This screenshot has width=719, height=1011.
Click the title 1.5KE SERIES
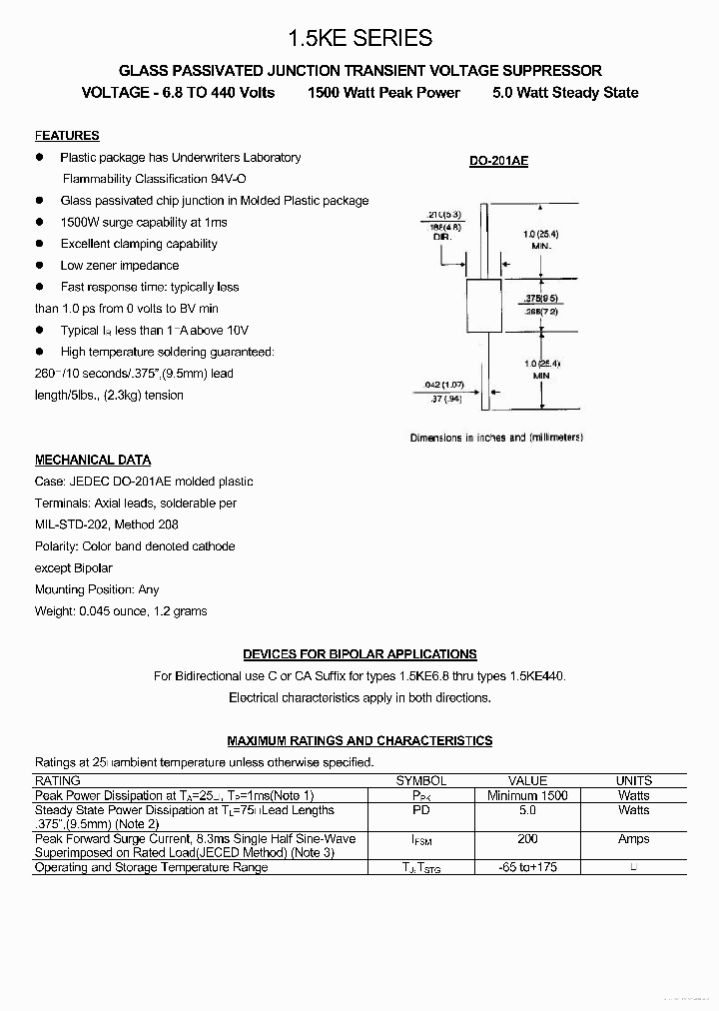[x=359, y=38]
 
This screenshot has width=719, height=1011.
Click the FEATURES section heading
[x=67, y=136]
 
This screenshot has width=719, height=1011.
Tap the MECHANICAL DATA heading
[x=93, y=461]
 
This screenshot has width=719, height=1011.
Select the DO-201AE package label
[x=498, y=160]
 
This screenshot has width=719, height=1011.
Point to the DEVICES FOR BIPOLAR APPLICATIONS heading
[x=359, y=654]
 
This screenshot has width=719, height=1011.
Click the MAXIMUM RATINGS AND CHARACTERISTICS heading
[x=359, y=741]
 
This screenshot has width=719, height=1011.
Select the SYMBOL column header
[x=420, y=781]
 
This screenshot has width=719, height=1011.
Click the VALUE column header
[x=527, y=781]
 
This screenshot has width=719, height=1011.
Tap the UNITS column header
[x=633, y=781]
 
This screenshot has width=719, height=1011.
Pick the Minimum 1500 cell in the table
[x=527, y=795]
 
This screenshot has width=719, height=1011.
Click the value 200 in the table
[x=527, y=839]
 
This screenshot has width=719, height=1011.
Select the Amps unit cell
[x=633, y=839]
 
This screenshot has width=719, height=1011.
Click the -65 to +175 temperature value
[x=527, y=867]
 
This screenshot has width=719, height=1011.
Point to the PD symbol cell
[x=420, y=810]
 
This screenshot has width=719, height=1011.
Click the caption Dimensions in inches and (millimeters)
[x=496, y=438]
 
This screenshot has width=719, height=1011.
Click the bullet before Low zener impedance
[x=40, y=265]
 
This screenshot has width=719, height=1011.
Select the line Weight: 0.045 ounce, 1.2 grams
[x=121, y=611]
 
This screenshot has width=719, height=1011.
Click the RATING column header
[x=58, y=781]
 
